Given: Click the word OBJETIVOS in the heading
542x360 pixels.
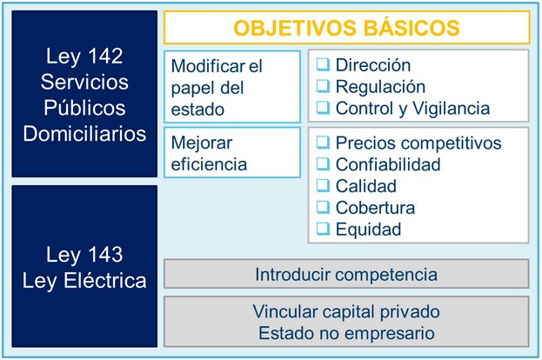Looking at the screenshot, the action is (295, 28).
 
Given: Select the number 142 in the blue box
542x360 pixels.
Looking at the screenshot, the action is (105, 56).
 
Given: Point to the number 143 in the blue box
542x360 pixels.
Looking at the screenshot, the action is (105, 254).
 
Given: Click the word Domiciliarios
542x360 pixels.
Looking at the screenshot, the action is (84, 134).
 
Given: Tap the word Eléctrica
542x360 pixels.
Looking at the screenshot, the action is (105, 280).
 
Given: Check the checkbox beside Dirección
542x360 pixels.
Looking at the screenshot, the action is (323, 64).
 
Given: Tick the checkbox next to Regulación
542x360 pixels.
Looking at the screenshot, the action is (323, 86).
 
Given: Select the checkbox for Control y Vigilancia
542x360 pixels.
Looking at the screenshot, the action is (323, 108).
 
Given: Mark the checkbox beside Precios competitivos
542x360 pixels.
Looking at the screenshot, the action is (323, 143).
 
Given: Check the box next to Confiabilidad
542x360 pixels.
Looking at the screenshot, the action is (323, 163).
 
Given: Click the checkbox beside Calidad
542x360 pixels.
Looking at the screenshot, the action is (323, 185).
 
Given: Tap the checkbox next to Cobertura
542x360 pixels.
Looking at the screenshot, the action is (323, 207).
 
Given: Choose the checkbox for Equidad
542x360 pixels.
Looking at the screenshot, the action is (323, 229).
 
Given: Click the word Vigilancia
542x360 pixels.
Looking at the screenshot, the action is (452, 109).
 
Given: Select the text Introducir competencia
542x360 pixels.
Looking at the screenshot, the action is (346, 275).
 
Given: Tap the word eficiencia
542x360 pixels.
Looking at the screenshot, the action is (209, 164).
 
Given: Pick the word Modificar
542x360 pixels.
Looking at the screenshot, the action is (209, 66).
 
